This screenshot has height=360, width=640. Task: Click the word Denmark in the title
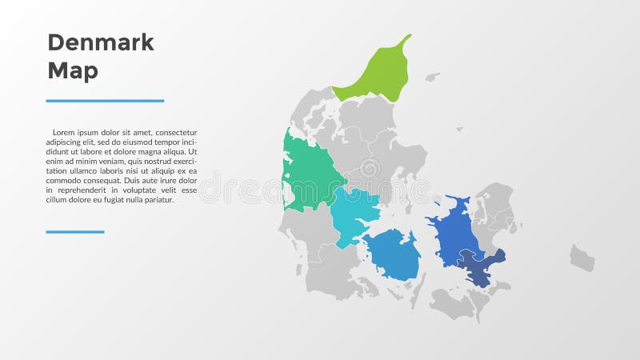click(101, 42)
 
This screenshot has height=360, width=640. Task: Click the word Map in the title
click(73, 70)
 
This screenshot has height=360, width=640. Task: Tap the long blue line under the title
click(105, 101)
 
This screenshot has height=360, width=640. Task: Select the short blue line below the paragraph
click(75, 232)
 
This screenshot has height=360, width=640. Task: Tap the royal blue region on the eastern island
click(456, 232)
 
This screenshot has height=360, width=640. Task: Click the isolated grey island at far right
click(582, 258)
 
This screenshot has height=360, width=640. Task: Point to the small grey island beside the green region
click(432, 78)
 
